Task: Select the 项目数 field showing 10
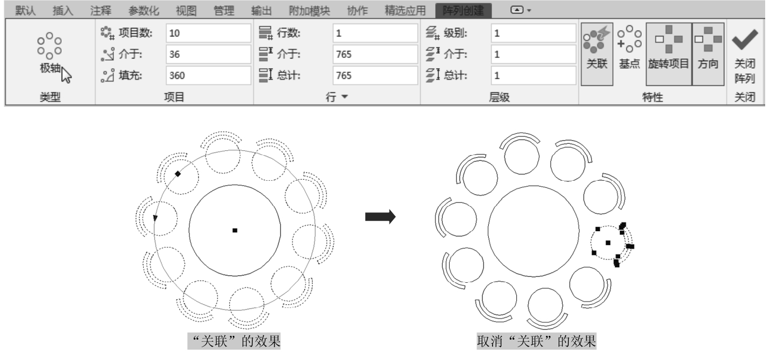(208, 33)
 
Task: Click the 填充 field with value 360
(208, 76)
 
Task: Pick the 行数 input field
(374, 33)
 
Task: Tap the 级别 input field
(533, 33)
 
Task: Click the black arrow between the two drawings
(380, 217)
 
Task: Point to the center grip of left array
(235, 230)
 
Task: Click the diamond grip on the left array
(178, 174)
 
